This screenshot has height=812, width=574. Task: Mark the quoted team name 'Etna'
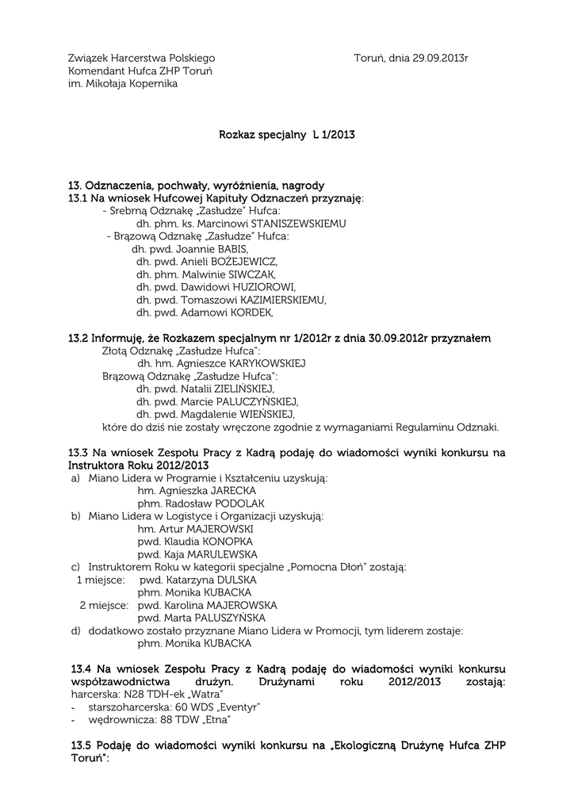214,719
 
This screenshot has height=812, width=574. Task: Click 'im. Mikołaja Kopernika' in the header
122,83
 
